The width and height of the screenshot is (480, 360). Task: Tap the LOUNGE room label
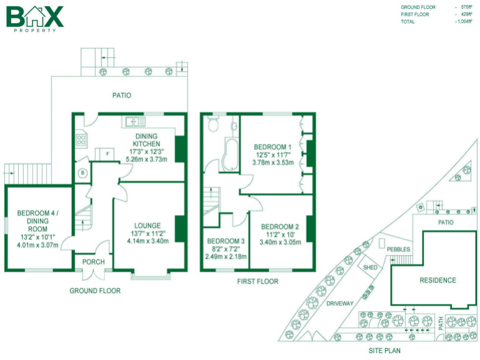tap(147, 226)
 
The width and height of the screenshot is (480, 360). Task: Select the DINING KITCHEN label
tap(146, 140)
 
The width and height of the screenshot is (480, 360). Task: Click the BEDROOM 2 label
tap(279, 227)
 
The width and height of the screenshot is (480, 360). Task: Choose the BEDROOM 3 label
tap(226, 241)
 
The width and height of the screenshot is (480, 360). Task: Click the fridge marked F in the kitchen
tap(107, 154)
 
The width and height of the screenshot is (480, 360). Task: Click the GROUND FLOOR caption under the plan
tap(95, 291)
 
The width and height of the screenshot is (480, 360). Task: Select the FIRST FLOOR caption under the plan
tap(257, 282)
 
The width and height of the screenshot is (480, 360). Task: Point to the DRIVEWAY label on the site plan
tap(340, 303)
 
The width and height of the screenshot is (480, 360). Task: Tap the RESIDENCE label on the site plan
tap(437, 280)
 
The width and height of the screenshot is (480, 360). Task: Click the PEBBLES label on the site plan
tap(399, 249)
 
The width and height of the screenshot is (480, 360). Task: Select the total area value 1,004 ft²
tap(464, 22)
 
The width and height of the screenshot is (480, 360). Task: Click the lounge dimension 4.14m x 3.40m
tap(147, 241)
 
